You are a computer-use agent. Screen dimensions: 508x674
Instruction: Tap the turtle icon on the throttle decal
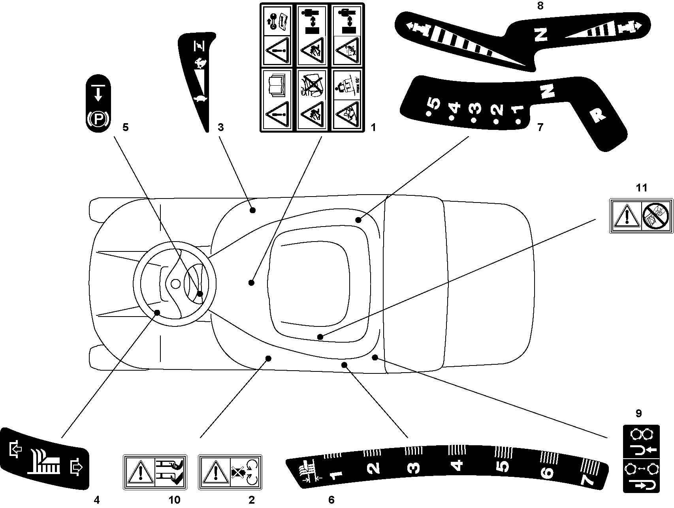pyautogui.click(x=200, y=99)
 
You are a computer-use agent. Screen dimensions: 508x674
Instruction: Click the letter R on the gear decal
pyautogui.click(x=597, y=114)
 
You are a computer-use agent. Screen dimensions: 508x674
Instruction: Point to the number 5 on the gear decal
pyautogui.click(x=433, y=103)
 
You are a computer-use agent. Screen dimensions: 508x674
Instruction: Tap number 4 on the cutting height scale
pyautogui.click(x=457, y=465)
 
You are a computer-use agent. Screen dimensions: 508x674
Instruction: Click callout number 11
pyautogui.click(x=641, y=188)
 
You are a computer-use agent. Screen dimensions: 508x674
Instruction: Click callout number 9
pyautogui.click(x=638, y=414)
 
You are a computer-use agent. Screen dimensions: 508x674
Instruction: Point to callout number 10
pyautogui.click(x=174, y=500)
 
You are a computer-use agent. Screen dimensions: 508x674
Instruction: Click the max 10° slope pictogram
pyautogui.click(x=346, y=84)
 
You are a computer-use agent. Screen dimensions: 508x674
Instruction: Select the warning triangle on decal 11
pyautogui.click(x=626, y=217)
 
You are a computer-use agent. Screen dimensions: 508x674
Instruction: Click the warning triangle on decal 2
pyautogui.click(x=214, y=473)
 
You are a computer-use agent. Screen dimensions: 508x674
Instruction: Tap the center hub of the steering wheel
pyautogui.click(x=176, y=283)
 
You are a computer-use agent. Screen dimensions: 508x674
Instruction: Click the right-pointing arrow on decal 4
pyautogui.click(x=76, y=467)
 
